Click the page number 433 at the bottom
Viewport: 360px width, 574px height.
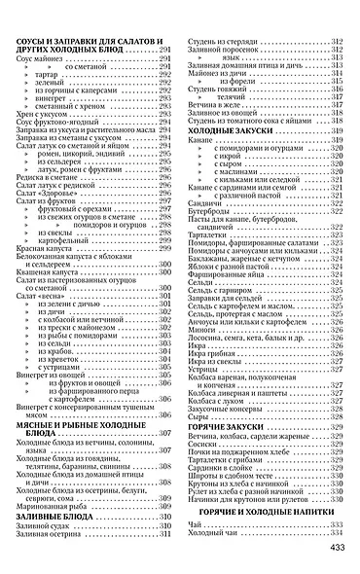tap(339, 550)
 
